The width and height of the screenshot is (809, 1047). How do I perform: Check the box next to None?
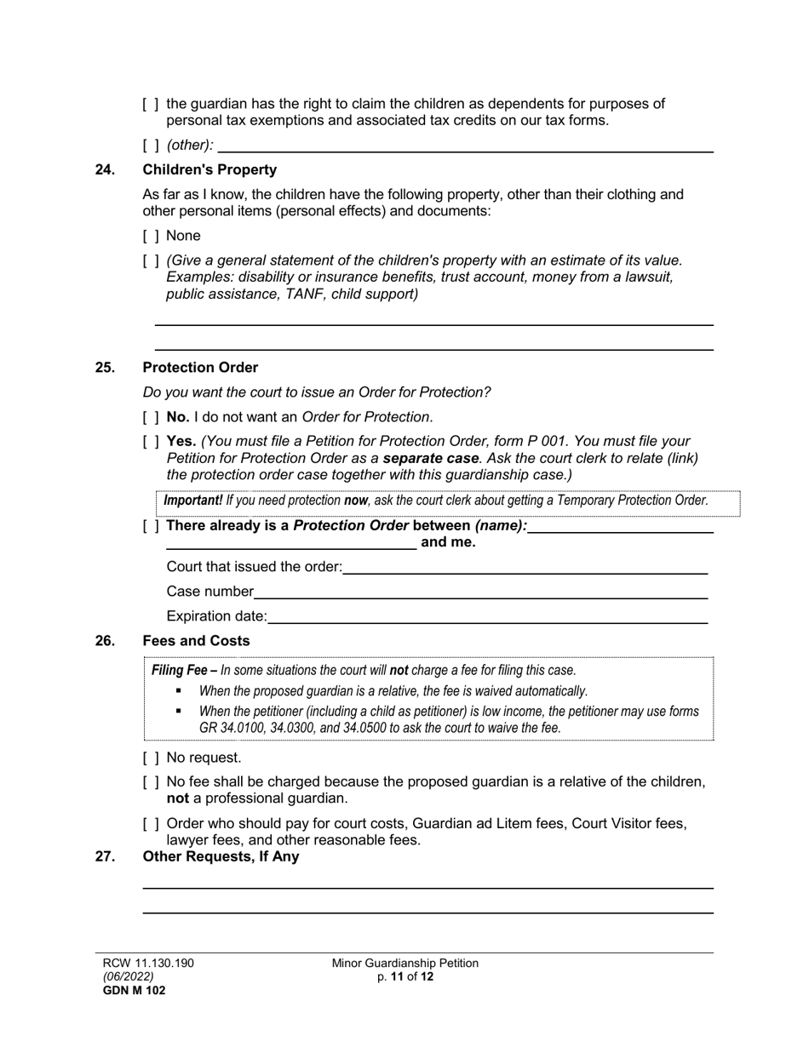coord(151,236)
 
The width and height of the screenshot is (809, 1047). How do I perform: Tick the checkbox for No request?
coord(151,758)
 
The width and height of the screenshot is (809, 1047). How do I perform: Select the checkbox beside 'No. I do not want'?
coord(151,417)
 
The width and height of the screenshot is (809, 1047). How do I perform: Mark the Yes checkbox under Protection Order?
coord(151,442)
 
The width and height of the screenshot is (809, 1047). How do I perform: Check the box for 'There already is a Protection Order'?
coord(151,526)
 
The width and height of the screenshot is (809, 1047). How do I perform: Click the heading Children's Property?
coord(209,170)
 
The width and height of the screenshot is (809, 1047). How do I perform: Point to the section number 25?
coord(105,368)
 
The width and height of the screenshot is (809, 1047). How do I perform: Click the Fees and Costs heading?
coord(196,641)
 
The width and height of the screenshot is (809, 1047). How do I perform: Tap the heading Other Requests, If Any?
coord(221,856)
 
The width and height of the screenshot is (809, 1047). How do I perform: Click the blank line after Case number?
coord(480,592)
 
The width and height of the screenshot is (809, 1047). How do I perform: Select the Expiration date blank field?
coord(487,616)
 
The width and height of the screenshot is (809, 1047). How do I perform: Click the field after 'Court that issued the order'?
coord(525,567)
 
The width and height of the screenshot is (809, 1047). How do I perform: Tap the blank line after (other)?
coord(465,146)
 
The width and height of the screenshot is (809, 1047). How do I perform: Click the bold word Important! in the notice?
coord(192,501)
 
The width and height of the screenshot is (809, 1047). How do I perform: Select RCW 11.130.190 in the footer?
coord(149,963)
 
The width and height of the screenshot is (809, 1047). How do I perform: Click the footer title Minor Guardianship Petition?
coord(405,963)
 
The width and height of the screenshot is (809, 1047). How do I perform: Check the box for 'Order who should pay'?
coord(151,824)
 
